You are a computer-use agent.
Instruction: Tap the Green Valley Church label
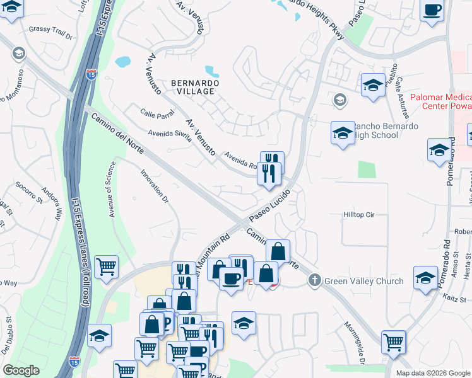[363, 280]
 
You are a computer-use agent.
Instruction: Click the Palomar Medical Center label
[440, 101]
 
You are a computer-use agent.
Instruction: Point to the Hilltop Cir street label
[359, 215]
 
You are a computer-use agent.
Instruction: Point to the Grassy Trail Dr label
[51, 29]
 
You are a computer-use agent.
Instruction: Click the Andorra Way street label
[52, 202]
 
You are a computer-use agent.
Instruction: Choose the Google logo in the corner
[21, 370]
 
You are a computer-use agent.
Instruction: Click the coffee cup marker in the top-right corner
[433, 10]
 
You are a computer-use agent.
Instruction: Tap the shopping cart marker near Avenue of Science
[106, 266]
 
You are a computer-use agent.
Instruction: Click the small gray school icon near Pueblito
[339, 100]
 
